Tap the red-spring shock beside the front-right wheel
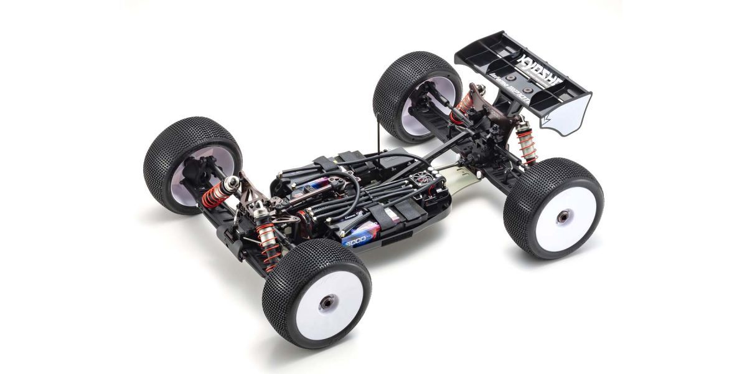click(269, 249)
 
